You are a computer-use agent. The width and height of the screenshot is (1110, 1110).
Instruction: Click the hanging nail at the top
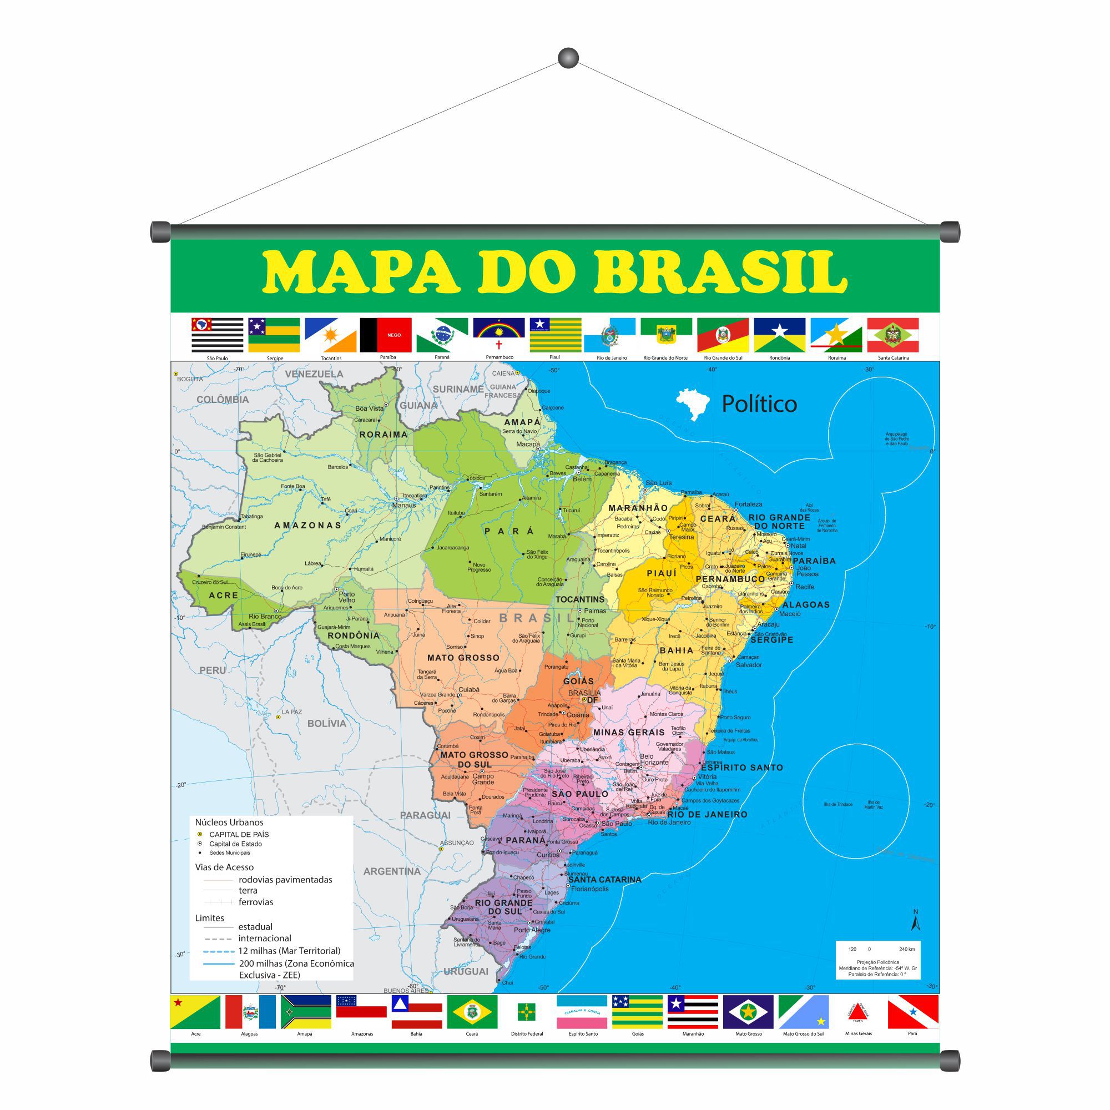click(x=568, y=58)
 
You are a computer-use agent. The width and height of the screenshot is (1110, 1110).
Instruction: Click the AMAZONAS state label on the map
click(x=308, y=525)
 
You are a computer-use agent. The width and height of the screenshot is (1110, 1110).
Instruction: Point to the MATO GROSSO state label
click(x=463, y=658)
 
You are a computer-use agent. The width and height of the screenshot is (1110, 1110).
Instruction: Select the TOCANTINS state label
click(x=580, y=599)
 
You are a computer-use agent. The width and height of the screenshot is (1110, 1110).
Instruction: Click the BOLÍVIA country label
click(x=326, y=723)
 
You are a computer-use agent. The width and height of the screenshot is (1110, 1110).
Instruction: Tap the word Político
click(x=759, y=404)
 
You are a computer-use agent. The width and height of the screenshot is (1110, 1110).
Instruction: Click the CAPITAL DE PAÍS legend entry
click(x=239, y=834)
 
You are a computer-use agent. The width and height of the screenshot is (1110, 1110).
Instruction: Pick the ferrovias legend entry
click(x=256, y=902)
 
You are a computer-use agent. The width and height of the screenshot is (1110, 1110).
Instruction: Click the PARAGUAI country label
click(x=425, y=815)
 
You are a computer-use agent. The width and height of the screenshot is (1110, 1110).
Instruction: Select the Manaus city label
click(x=403, y=506)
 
